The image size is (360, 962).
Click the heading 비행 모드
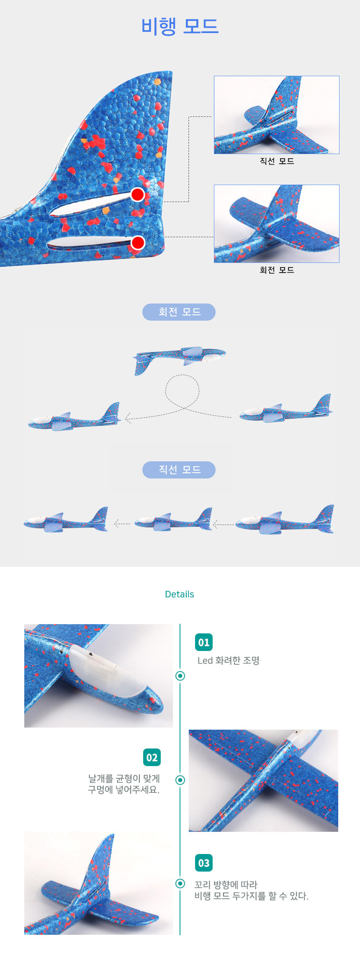[x=180, y=26]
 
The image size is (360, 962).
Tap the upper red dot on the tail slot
[x=138, y=194]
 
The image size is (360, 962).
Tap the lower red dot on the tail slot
[x=138, y=243]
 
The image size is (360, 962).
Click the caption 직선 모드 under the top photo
[x=277, y=161]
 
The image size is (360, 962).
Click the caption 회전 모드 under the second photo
[x=277, y=270]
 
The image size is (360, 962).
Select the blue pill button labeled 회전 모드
[x=179, y=312]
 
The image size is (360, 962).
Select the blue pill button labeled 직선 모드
[x=179, y=470]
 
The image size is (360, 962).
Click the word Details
[x=180, y=594]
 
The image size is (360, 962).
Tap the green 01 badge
[x=204, y=642]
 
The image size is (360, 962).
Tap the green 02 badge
[x=152, y=757]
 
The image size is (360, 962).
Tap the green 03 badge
[x=204, y=863]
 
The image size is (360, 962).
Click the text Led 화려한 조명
[x=229, y=661]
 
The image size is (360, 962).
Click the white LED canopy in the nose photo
[x=109, y=670]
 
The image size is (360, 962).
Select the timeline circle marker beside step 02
[x=180, y=780]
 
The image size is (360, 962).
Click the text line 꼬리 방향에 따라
[x=226, y=885]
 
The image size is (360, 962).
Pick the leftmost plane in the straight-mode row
[x=66, y=520]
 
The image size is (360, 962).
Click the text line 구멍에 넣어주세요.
[x=124, y=790]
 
